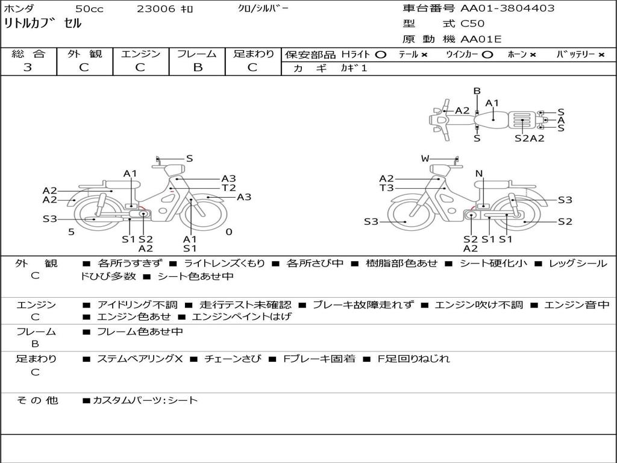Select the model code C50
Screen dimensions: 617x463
(x=472, y=24)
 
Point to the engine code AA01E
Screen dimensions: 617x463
(x=481, y=40)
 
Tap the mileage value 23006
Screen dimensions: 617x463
(x=156, y=9)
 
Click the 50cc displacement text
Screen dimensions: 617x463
(x=89, y=9)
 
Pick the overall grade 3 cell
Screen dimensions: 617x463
(x=28, y=68)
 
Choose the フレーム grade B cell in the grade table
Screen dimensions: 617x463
(x=197, y=68)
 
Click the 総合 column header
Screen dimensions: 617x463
(x=28, y=54)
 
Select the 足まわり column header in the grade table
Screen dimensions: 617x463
(x=253, y=54)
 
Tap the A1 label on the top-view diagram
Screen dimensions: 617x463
(x=492, y=102)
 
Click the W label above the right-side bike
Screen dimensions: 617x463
(x=425, y=159)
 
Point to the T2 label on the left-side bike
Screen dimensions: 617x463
(x=228, y=187)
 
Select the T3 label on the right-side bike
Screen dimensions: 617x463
(x=386, y=187)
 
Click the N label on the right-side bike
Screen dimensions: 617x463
(x=479, y=174)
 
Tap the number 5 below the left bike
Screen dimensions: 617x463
(x=71, y=232)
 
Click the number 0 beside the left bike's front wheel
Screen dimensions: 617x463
(x=229, y=232)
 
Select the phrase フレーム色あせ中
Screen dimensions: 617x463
(x=140, y=332)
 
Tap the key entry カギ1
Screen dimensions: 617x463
(x=354, y=68)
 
